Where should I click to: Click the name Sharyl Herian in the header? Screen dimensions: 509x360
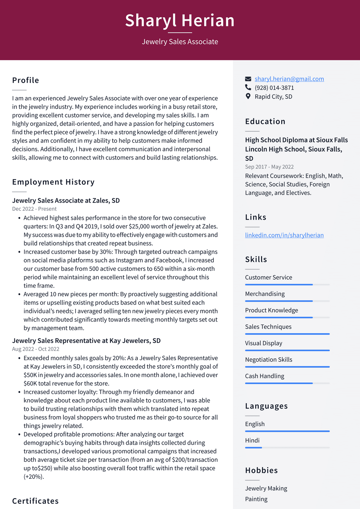(180, 20)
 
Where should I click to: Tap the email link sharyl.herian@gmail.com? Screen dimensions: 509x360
(289, 79)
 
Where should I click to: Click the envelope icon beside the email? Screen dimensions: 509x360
(248, 79)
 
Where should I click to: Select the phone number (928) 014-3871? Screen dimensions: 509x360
(274, 88)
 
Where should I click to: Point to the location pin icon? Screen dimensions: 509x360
(248, 96)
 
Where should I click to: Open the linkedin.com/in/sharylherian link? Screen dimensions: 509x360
(284, 235)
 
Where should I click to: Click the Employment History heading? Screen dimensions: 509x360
(53, 182)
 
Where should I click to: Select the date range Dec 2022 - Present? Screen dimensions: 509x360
(34, 209)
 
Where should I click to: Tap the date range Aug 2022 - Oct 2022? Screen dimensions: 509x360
(36, 349)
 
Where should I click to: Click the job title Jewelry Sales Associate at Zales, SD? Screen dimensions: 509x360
(66, 201)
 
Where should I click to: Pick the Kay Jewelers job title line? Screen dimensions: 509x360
(86, 341)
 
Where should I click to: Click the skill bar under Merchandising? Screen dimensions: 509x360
(287, 301)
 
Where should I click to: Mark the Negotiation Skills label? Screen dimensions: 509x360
(269, 360)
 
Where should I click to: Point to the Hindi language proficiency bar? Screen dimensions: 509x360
(287, 447)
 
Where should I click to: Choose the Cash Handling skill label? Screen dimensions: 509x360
(264, 376)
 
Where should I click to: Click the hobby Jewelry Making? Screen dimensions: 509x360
(266, 488)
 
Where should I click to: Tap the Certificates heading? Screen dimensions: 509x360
(35, 501)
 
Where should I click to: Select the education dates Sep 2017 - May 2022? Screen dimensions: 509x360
(269, 167)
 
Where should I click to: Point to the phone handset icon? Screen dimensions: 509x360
(248, 88)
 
